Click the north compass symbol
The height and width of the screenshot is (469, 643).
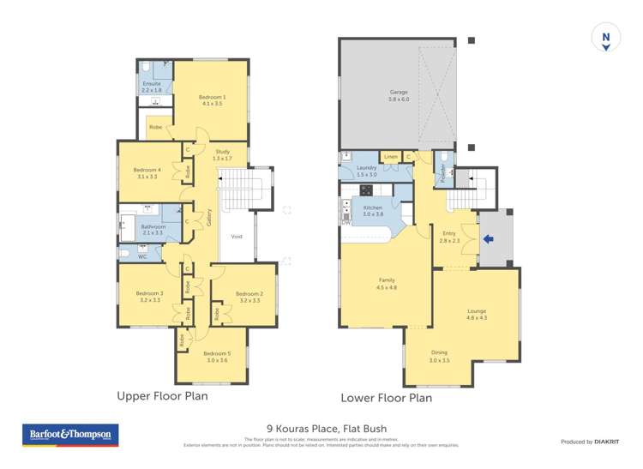click(605, 39)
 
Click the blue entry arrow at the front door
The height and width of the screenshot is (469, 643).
click(489, 239)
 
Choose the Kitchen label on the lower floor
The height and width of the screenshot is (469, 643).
click(372, 210)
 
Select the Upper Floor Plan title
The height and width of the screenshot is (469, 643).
click(162, 396)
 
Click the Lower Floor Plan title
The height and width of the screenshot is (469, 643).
click(386, 397)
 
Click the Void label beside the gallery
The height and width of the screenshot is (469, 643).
click(237, 237)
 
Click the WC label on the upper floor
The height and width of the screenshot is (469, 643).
click(142, 256)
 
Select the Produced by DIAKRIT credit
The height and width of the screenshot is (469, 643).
click(589, 441)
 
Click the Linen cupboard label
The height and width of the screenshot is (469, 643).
click(390, 157)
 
